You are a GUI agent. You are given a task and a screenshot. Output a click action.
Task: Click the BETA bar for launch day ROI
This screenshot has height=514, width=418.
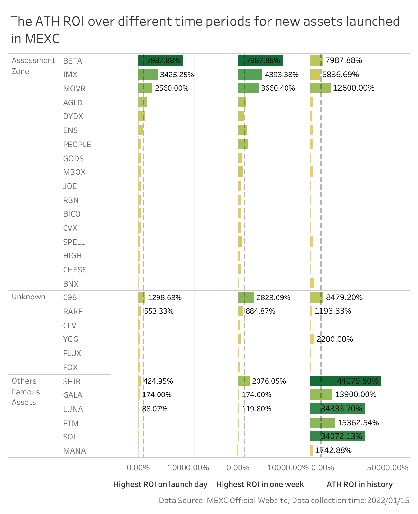160,60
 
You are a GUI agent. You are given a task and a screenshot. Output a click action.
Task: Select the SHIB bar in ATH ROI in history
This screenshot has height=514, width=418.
345,381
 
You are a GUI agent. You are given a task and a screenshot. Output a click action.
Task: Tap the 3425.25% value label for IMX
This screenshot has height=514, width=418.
177,75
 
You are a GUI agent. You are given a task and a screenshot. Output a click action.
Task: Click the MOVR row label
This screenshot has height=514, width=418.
74,88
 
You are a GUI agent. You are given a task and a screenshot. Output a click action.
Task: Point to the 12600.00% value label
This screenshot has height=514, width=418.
354,88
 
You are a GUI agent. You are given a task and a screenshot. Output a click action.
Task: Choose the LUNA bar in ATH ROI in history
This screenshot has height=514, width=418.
337,409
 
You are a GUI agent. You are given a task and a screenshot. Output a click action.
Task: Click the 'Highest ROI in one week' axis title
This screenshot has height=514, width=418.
260,484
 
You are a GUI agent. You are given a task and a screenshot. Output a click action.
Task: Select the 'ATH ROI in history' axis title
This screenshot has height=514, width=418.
359,484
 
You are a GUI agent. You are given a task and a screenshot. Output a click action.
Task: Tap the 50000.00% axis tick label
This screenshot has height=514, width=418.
388,467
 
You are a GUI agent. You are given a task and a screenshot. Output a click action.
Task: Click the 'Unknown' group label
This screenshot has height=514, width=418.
28,297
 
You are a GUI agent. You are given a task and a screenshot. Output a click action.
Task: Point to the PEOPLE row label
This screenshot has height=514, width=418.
77,145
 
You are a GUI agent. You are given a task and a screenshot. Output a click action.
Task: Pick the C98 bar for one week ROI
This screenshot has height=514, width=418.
246,297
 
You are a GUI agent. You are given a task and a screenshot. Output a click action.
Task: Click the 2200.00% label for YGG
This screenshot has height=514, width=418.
335,339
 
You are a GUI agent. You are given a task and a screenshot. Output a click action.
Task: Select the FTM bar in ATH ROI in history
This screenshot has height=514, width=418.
322,423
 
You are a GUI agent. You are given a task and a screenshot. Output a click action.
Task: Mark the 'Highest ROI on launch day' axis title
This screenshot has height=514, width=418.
160,484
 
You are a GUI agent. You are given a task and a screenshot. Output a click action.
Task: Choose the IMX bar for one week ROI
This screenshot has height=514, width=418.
250,75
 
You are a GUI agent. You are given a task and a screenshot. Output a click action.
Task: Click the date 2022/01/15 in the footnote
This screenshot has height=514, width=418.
388,500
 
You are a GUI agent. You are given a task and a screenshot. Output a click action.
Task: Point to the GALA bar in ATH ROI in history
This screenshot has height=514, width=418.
321,394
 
